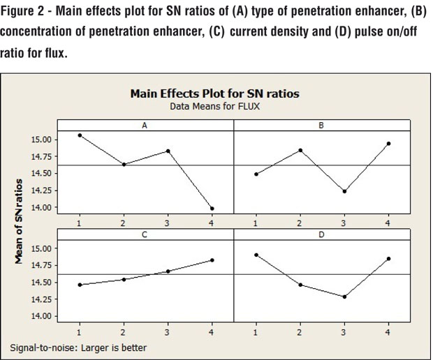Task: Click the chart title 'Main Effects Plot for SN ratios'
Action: click(x=216, y=95)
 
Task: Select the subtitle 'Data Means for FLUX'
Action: click(x=216, y=107)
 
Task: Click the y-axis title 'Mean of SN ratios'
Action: click(x=20, y=220)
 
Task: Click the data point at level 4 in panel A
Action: click(x=212, y=208)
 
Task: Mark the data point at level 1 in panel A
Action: click(x=80, y=135)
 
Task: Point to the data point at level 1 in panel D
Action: click(x=256, y=255)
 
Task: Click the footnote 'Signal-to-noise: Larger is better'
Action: click(x=78, y=347)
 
